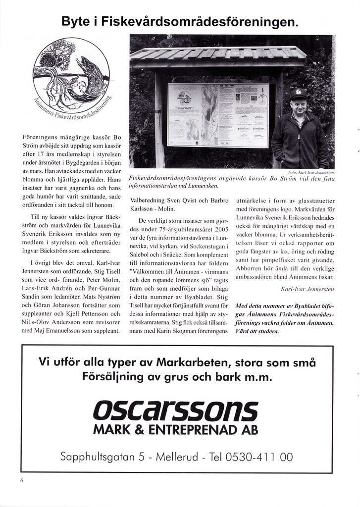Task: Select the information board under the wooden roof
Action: [x=218, y=115]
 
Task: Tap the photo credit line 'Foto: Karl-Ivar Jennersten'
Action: [x=311, y=172]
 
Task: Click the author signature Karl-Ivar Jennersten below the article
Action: [x=307, y=289]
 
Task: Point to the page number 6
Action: [x=22, y=480]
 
